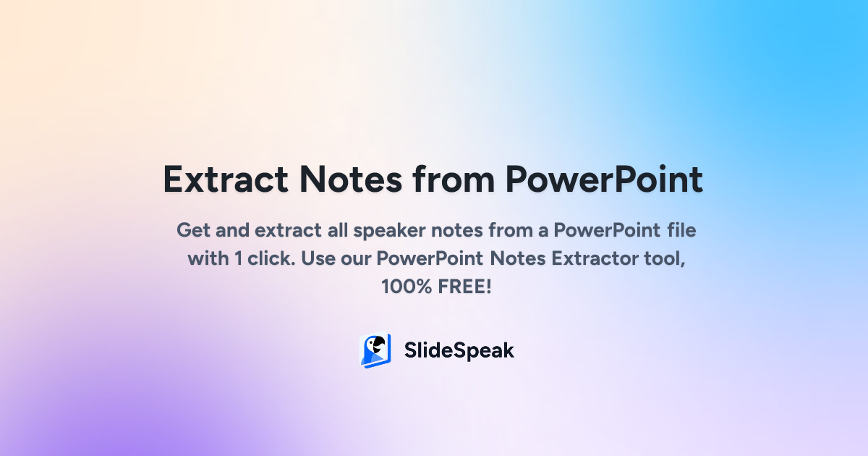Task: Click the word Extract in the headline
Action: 226,180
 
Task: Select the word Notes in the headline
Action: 351,180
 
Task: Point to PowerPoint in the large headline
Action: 604,180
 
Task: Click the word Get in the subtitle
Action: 193,230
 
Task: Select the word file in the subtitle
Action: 681,230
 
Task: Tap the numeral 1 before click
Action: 238,258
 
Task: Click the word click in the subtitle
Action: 271,258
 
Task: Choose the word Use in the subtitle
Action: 318,258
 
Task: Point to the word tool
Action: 665,259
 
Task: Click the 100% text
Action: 407,287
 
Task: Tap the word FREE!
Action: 464,287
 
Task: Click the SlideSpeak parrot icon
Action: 375,350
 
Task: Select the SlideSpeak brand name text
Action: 459,351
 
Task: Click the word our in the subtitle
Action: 356,259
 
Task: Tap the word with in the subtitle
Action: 208,258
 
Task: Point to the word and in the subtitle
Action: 232,230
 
